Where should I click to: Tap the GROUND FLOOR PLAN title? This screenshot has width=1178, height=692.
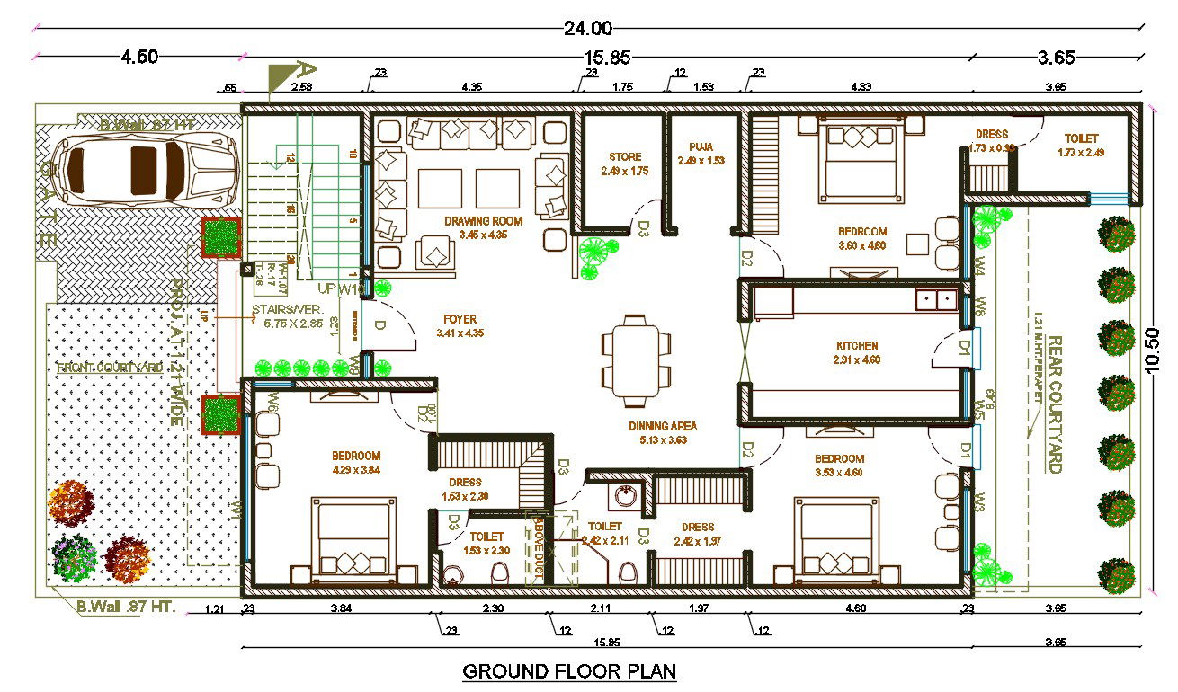tap(568, 670)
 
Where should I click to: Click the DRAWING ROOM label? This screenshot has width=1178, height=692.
tap(483, 221)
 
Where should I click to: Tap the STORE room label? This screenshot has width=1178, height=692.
tap(624, 157)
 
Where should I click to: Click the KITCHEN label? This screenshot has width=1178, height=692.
tap(856, 346)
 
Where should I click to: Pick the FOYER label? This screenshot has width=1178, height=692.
tap(460, 319)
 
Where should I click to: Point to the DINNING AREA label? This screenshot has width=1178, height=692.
tap(663, 426)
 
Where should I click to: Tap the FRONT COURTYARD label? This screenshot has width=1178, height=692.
tap(110, 368)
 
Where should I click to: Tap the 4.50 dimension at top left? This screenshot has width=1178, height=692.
tap(139, 57)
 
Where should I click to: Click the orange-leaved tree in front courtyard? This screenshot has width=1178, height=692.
tap(70, 501)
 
